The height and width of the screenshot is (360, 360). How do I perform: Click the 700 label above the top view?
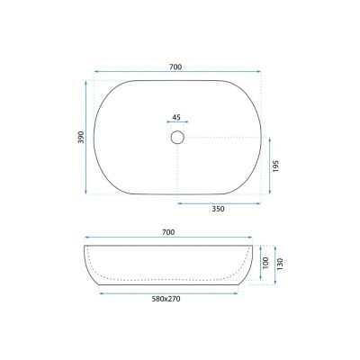175,67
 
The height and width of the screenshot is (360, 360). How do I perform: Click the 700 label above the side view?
168,232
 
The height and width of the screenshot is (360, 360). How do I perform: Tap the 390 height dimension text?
81,137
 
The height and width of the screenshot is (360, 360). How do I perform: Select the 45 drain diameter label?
176,117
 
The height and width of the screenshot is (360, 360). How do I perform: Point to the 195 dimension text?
276,166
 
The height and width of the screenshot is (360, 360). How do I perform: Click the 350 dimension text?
218,209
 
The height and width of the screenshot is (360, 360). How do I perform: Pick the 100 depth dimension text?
265,264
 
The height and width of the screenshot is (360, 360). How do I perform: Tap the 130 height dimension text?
280,264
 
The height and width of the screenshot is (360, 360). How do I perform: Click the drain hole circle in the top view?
177,131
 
